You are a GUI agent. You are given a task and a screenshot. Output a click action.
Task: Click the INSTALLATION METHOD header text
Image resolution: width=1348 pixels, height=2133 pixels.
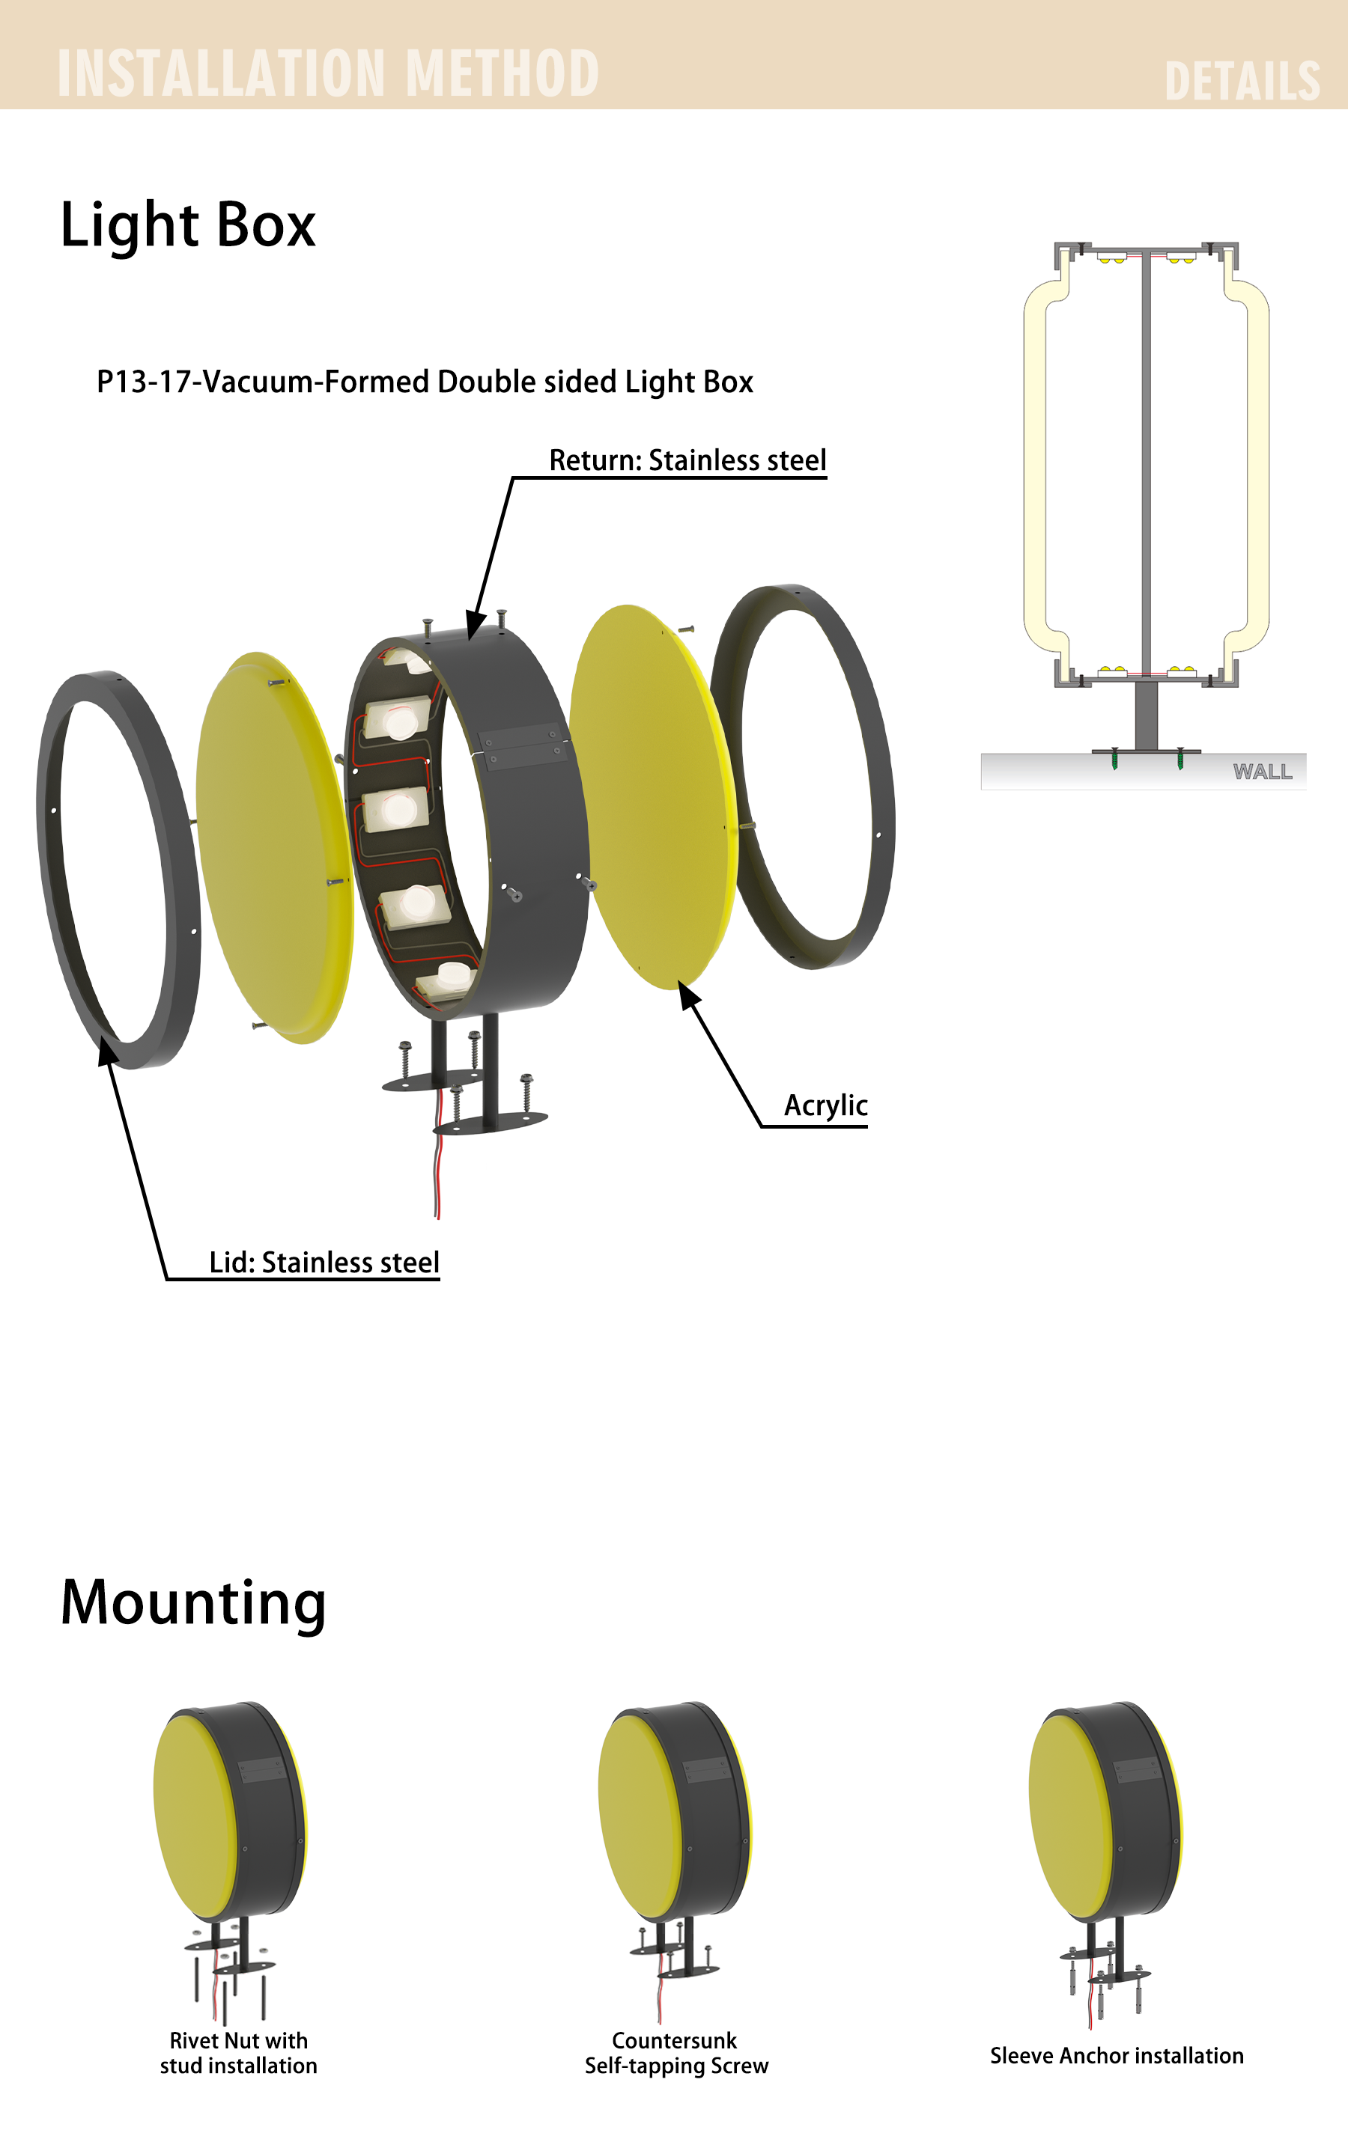328,73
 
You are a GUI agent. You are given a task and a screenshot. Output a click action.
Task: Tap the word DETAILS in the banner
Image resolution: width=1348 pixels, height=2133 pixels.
1242,82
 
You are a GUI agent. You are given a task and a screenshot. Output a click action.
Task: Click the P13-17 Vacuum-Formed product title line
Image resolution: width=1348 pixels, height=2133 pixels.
425,382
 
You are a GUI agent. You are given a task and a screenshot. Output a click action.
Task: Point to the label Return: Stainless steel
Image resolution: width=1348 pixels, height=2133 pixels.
687,460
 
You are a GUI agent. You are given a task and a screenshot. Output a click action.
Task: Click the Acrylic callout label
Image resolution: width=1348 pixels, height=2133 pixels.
825,1106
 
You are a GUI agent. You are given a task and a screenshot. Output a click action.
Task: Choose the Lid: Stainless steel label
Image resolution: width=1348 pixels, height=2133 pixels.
324,1263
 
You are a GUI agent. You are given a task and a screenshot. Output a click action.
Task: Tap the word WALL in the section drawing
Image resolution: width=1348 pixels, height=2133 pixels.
1263,772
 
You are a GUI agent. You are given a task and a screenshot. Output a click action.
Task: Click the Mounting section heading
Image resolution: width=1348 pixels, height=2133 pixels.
193,1606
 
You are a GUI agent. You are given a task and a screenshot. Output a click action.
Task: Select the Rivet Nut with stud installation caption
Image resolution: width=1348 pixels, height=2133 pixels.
238,2053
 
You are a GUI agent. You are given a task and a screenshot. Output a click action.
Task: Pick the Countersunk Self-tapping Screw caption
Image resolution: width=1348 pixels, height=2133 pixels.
676,2053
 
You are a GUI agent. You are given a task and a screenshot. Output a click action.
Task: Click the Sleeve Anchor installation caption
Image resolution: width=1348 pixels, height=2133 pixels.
1117,2056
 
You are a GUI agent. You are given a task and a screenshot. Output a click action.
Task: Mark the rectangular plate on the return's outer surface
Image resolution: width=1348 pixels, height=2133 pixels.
523,747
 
